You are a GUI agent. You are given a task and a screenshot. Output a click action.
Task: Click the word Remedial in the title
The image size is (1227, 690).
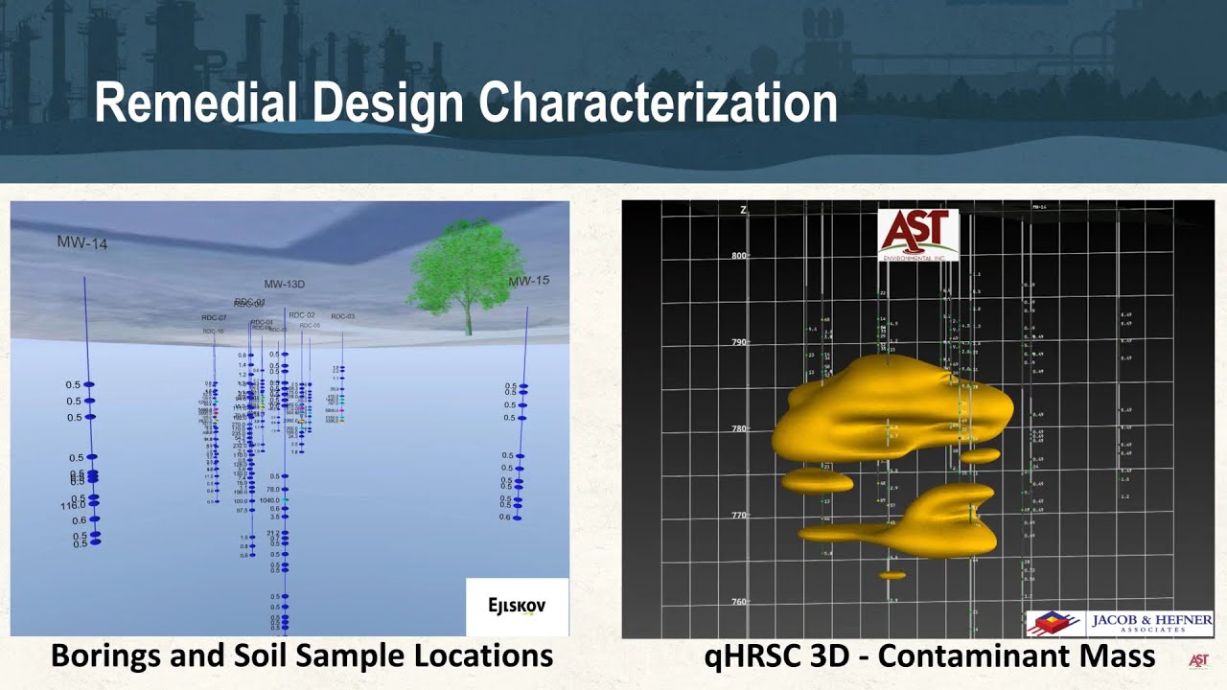tap(197, 103)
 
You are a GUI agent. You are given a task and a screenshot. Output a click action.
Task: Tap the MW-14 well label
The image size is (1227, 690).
tap(82, 243)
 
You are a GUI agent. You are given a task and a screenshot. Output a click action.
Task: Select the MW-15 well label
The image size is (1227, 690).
tap(529, 281)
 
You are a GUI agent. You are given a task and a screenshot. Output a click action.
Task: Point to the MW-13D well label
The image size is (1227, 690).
tap(285, 285)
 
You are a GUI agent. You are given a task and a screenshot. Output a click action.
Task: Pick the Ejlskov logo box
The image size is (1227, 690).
tap(517, 607)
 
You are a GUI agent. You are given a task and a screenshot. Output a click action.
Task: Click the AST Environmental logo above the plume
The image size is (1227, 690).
tap(917, 235)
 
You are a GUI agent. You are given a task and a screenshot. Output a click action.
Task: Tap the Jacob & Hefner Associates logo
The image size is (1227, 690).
tap(1119, 624)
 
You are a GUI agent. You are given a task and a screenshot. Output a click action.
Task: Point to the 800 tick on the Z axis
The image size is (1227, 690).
tap(739, 256)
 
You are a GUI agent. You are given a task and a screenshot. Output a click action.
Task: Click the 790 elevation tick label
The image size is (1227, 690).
tap(739, 342)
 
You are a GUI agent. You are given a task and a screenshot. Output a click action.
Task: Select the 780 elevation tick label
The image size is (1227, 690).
tap(739, 428)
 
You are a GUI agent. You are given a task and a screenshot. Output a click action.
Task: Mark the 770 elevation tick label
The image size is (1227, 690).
tap(739, 516)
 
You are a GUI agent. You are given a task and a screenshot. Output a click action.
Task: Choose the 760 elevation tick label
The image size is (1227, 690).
tap(739, 602)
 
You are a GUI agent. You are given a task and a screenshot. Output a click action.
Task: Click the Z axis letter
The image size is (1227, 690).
tap(743, 210)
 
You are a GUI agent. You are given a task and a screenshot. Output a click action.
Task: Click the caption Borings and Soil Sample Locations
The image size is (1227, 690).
tap(301, 655)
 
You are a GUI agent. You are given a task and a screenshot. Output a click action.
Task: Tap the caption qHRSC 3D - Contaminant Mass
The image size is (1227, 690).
tap(929, 655)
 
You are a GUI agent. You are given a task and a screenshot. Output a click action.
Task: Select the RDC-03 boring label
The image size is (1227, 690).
tap(342, 316)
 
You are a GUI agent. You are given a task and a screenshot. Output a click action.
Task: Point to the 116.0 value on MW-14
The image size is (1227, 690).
tap(72, 505)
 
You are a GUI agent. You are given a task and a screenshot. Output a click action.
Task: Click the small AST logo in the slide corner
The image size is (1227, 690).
tap(1197, 660)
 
